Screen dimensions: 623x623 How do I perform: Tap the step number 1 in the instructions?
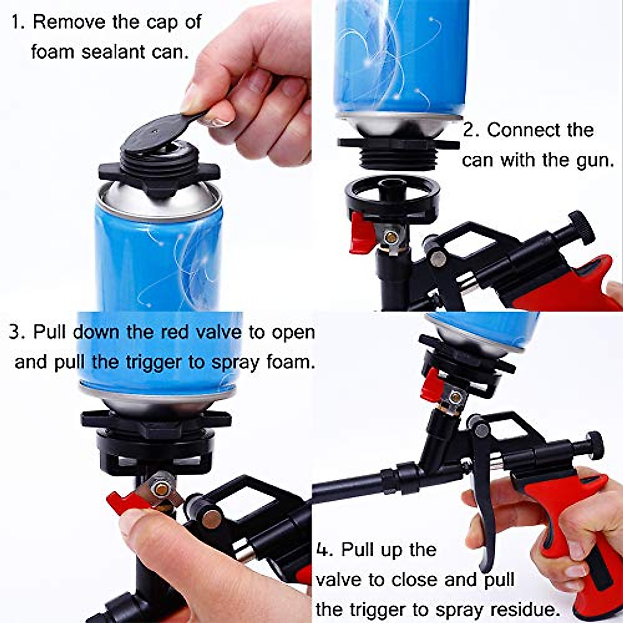pos(17,23)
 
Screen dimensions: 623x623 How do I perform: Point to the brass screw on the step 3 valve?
pos(162,489)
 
